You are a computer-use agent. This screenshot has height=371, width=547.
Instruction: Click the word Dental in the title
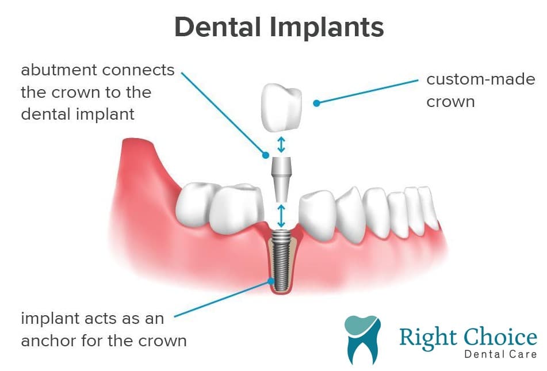(218, 27)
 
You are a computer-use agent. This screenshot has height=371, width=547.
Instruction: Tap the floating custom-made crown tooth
(281, 107)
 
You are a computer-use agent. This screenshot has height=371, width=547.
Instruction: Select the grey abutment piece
(281, 179)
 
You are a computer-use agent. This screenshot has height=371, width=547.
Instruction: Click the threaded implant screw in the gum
(281, 261)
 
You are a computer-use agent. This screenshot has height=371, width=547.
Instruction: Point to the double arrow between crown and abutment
(281, 145)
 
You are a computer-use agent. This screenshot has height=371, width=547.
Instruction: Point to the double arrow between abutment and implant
(281, 216)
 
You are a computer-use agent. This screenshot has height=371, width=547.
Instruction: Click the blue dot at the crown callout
(316, 103)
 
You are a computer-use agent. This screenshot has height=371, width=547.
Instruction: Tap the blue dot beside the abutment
(266, 155)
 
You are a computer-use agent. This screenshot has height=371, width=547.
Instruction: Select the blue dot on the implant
(271, 281)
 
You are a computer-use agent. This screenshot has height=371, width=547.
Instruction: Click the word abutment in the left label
(58, 70)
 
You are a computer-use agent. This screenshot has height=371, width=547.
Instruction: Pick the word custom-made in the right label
(481, 79)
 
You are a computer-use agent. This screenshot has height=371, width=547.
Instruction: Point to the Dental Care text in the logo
(500, 354)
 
